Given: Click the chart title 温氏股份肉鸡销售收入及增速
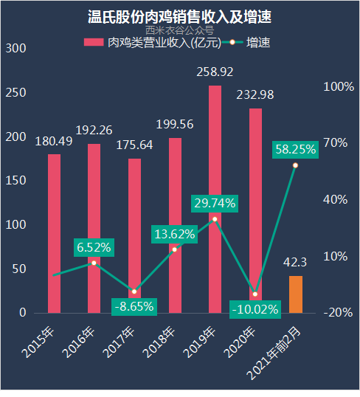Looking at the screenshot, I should [x=180, y=16].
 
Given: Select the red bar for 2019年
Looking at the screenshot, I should [x=215, y=199].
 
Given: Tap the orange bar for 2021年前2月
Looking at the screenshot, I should [x=295, y=294].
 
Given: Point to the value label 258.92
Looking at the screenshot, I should [x=215, y=73].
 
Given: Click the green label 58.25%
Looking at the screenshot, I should [x=295, y=149].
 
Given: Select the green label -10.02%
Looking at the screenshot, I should [x=255, y=308].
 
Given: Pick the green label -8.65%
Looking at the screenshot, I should [x=134, y=305].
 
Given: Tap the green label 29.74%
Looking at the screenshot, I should [x=214, y=202].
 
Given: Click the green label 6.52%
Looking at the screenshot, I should [x=94, y=247].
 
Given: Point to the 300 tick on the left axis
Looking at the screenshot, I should [x=15, y=49].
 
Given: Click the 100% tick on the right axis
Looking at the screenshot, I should [x=339, y=86].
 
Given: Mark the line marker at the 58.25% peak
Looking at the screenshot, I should [x=295, y=165].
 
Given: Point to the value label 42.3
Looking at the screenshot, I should [x=295, y=262].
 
